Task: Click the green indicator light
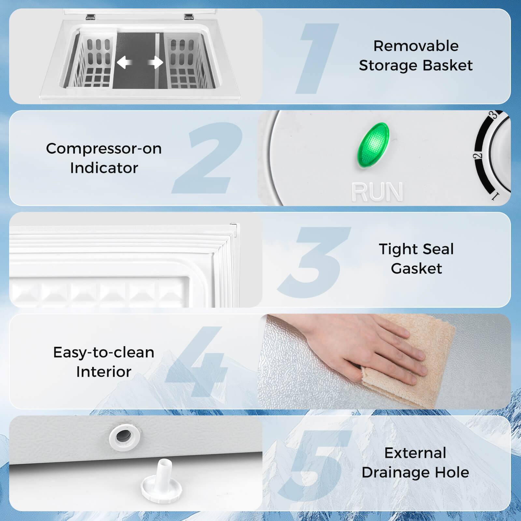click(x=373, y=145)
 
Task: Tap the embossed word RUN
click(x=377, y=192)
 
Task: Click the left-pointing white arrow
click(x=124, y=62)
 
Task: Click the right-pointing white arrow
click(x=156, y=62)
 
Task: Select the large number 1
click(x=317, y=59)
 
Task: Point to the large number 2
click(x=208, y=158)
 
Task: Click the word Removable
click(x=416, y=46)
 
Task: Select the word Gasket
click(x=416, y=269)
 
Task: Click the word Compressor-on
click(x=104, y=149)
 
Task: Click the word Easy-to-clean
click(x=104, y=352)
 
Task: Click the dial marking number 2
click(x=478, y=156)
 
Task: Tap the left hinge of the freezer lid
click(x=91, y=16)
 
